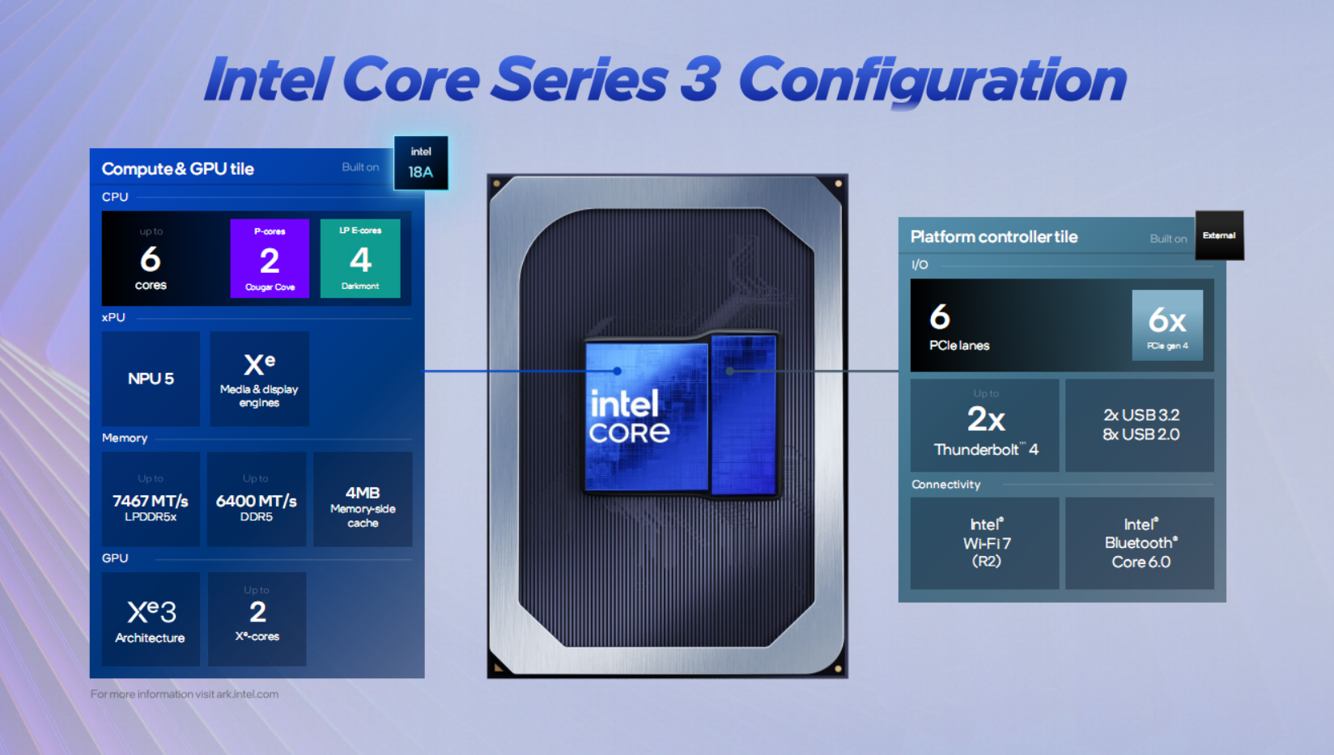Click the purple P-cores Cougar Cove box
270,259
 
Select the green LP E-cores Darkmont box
360,259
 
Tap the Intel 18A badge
421,163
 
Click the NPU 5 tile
151,379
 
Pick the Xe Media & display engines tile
259,379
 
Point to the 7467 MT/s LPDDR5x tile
151,499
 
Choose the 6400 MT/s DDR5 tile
257,499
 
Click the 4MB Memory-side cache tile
363,499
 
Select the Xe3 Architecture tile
151,620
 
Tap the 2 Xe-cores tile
257,620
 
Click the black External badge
1219,235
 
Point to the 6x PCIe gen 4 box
1167,325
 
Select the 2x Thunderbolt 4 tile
985,426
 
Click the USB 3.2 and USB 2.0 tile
1141,426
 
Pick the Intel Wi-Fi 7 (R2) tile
985,543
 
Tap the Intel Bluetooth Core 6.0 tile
1141,543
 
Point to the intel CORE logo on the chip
630,418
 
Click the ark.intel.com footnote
185,694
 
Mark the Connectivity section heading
946,485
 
